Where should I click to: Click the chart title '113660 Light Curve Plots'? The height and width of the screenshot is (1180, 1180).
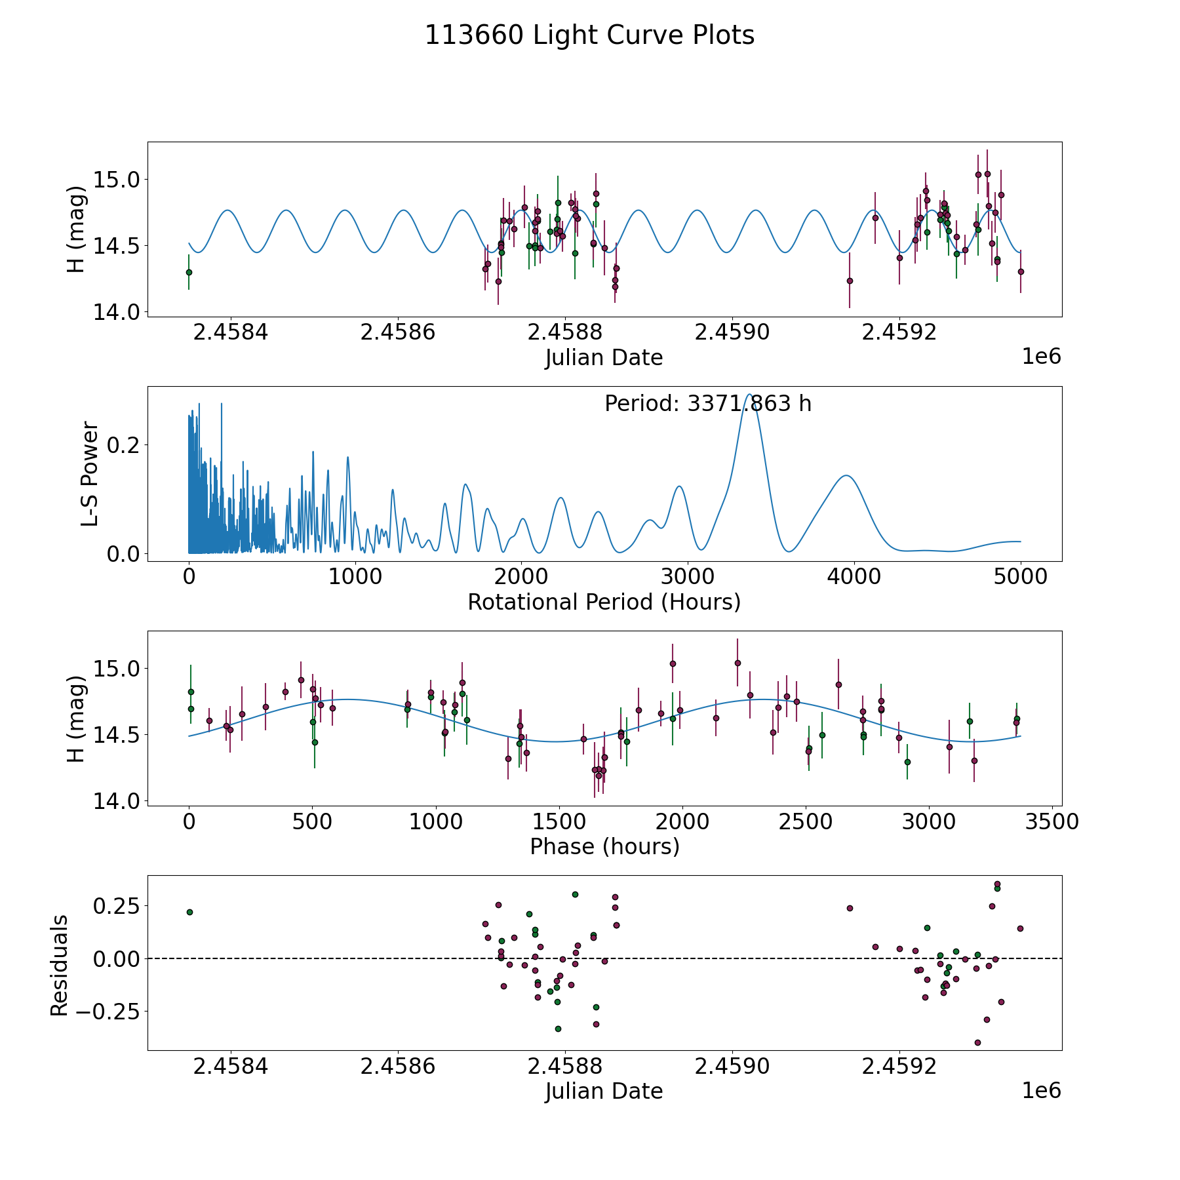tap(589, 35)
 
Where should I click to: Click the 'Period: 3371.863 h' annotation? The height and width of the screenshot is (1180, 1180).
tap(707, 404)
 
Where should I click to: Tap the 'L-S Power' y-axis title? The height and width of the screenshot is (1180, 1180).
tap(90, 474)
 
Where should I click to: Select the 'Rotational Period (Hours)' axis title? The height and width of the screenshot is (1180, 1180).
tap(604, 602)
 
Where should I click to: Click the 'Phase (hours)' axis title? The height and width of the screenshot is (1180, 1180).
tap(604, 846)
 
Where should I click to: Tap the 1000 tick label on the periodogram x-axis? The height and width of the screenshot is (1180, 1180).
tap(355, 577)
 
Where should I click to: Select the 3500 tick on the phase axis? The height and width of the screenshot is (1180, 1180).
tap(1052, 821)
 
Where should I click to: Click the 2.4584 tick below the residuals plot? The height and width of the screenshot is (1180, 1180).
tap(231, 1066)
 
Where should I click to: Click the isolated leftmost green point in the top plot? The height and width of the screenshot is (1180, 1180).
tap(189, 272)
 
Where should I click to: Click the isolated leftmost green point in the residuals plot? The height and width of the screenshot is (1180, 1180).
tap(189, 912)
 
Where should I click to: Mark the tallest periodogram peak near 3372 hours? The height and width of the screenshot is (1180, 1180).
tap(749, 395)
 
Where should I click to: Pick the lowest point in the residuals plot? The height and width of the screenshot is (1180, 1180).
tap(977, 1042)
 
